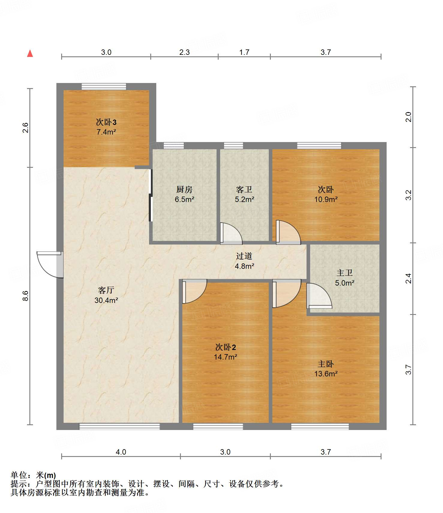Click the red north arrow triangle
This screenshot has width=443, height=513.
(30, 53)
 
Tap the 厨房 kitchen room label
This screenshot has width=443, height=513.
(184, 189)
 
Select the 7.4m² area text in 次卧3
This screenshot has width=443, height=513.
(106, 132)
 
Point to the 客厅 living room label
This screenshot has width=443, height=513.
(106, 290)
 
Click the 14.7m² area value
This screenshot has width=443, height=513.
(226, 357)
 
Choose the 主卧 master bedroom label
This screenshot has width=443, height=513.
(326, 364)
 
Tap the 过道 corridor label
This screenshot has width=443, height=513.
(244, 256)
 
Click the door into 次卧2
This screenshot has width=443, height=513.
(194, 291)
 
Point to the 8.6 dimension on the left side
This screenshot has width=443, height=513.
(26, 296)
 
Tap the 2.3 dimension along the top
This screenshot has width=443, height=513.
(184, 52)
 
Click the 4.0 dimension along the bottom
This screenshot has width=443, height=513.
(121, 452)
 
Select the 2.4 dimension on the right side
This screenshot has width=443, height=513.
(409, 279)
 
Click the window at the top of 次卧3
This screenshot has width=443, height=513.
(104, 87)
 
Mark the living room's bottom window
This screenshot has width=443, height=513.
(119, 426)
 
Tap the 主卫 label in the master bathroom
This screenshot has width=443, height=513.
(345, 273)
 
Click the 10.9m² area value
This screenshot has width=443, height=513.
(326, 199)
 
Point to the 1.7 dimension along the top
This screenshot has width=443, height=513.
(244, 52)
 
